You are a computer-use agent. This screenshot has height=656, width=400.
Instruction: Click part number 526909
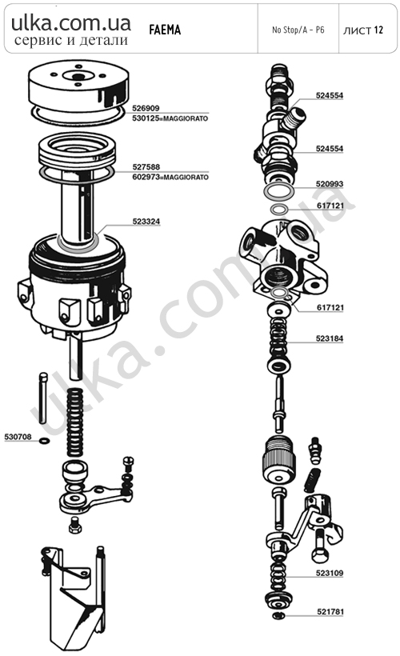[146, 108]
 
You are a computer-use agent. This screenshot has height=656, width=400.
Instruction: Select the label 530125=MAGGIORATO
[170, 118]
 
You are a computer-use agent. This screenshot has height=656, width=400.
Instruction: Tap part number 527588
[146, 166]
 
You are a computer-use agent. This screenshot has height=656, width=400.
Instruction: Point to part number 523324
[146, 222]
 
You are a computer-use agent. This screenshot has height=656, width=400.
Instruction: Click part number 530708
[18, 437]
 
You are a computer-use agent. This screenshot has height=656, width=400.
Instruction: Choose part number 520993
[330, 184]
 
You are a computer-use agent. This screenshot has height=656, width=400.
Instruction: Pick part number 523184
[330, 338]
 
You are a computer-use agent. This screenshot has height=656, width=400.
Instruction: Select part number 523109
[330, 573]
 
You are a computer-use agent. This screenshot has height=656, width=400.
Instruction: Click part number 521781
[330, 612]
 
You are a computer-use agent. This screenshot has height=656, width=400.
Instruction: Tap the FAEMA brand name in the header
[165, 30]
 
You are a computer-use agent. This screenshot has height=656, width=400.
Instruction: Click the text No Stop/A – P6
[298, 30]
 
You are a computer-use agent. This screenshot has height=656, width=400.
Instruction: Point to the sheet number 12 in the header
[378, 30]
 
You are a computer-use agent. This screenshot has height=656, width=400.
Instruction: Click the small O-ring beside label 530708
[44, 441]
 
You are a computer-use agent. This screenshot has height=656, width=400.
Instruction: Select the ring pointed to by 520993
[279, 191]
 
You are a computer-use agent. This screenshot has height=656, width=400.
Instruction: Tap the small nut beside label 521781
[277, 615]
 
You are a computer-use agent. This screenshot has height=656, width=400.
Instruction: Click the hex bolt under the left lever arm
[75, 525]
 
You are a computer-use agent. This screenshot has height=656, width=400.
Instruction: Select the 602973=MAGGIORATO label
[170, 177]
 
